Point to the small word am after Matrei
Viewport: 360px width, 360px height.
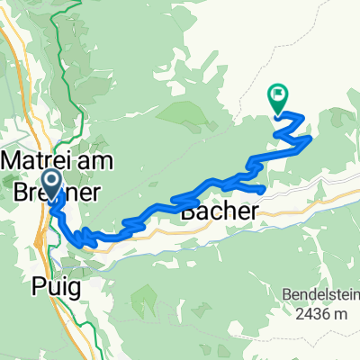click(88, 158)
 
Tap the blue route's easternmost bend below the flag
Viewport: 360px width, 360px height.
click(310, 139)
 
